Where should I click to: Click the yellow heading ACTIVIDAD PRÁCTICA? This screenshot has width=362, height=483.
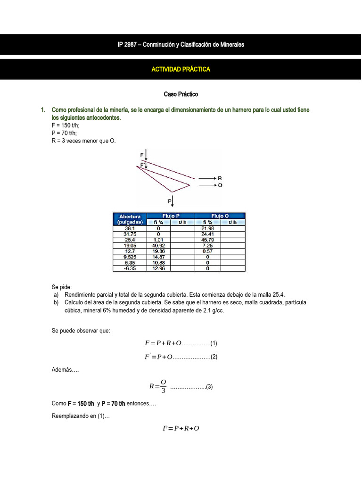point(181,69)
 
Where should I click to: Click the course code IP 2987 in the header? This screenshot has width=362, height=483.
point(128,45)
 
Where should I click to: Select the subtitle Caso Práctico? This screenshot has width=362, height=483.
point(181,94)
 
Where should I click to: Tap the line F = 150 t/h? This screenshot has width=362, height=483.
point(66,125)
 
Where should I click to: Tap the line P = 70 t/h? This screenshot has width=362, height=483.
point(64,133)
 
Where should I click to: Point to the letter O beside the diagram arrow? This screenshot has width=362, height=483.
point(220,185)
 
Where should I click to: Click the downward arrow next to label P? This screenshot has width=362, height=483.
point(173,201)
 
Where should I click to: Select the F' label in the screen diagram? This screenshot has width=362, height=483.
point(142,165)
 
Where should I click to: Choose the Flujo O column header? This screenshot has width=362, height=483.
point(220,216)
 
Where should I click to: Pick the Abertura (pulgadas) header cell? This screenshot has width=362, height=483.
point(130,219)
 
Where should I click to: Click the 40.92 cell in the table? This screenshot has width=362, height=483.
point(158,245)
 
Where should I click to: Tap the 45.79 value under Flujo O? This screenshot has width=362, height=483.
point(207,240)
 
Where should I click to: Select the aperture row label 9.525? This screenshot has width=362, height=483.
point(130,257)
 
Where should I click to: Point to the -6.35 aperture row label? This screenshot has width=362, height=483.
point(130,268)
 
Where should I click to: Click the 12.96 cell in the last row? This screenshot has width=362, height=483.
point(158,268)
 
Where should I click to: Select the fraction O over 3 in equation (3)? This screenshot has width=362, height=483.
point(163,386)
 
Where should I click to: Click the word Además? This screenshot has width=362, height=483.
point(65,370)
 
